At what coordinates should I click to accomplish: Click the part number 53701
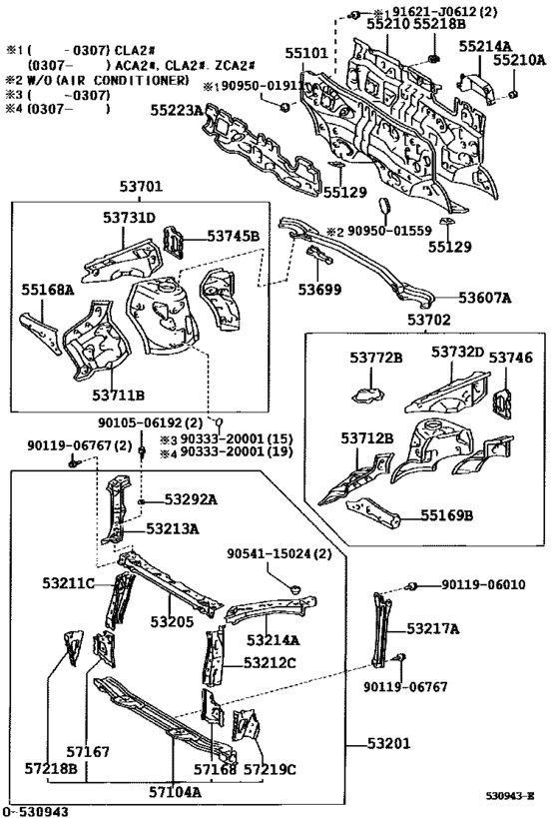tap(141, 186)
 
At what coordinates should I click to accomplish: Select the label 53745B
tap(234, 237)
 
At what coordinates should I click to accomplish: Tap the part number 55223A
tap(177, 110)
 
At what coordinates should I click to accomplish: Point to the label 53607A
tap(485, 298)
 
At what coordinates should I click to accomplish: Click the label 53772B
tap(375, 358)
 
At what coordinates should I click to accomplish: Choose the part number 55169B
tap(447, 515)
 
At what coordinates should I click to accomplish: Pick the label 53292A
tap(191, 499)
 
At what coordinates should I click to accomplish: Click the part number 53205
tap(172, 622)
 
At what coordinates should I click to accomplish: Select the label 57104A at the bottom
tap(175, 792)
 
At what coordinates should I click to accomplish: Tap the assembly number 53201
tap(389, 743)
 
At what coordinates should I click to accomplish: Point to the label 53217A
tap(433, 629)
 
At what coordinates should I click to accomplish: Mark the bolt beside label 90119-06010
tap(411, 586)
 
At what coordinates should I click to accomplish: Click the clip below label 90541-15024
tap(296, 589)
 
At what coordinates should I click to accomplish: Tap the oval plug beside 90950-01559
tap(386, 205)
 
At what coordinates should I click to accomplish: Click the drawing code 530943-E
tap(510, 796)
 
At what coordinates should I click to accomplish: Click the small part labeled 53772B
tap(367, 395)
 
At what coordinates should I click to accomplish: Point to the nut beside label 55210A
tap(513, 94)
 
